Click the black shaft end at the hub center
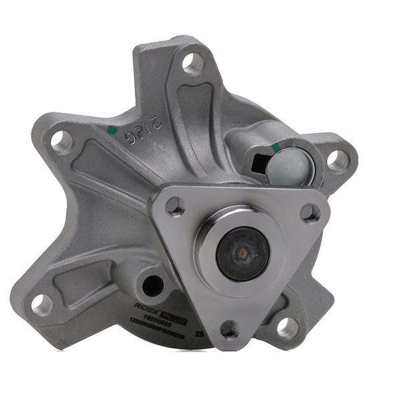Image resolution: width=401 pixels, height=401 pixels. point(243,253)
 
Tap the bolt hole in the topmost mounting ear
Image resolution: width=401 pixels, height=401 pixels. point(192,63)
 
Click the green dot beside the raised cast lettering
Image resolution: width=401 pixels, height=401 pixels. point(112,129)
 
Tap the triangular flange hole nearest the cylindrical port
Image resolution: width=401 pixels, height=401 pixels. point(309,213)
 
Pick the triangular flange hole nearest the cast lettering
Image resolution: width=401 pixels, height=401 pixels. point(175,207)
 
